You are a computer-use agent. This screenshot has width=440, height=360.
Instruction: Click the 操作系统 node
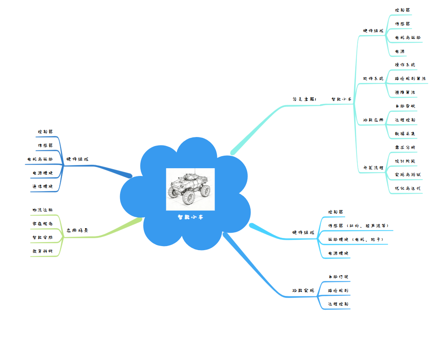point(405,64)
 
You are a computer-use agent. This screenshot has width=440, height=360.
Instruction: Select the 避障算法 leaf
point(405,92)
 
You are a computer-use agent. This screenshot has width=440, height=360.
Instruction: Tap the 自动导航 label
point(405,106)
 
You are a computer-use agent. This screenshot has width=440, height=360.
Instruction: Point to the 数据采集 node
point(405,133)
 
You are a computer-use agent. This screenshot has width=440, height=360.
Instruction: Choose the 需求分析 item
point(405,147)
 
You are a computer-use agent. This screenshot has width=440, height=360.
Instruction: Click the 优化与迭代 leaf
point(408,188)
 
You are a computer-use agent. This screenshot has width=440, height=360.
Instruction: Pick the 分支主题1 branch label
point(304,99)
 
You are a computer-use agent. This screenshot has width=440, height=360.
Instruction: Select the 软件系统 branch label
point(373,78)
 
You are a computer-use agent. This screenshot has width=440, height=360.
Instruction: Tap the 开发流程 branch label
point(373,167)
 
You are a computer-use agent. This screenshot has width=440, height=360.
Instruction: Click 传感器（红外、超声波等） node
point(358,225)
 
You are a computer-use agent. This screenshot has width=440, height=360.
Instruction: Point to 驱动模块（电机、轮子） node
point(355,240)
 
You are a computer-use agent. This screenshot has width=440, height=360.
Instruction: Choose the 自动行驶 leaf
point(338,276)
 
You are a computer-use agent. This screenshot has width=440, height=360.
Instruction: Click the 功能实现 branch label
point(303,291)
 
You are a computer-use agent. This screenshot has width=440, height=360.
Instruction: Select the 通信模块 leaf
point(43,186)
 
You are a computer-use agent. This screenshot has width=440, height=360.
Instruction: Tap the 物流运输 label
point(43,210)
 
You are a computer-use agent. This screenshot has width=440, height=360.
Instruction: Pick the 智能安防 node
point(43,237)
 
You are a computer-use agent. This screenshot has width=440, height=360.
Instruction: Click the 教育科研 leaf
point(43,251)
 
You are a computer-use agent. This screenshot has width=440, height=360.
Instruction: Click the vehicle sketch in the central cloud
point(190,189)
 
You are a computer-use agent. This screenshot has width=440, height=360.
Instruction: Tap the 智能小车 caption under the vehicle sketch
point(190,217)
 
